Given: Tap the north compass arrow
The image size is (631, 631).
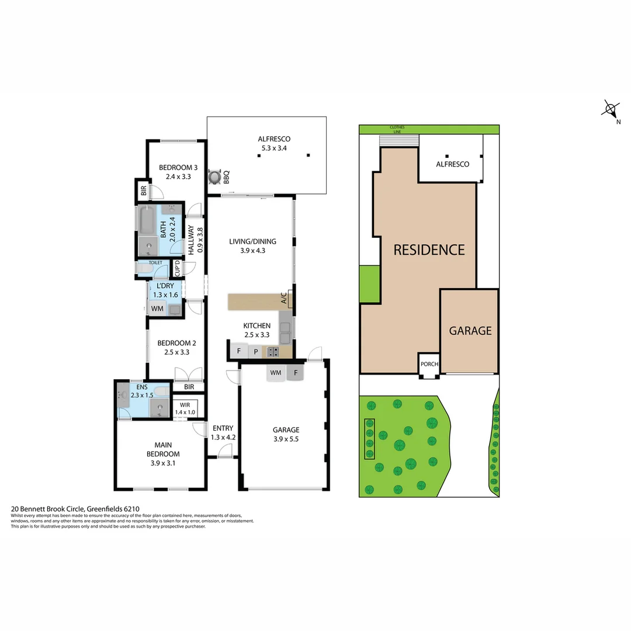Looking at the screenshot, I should pyautogui.click(x=611, y=109).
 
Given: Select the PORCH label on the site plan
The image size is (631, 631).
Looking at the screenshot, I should pyautogui.click(x=429, y=364).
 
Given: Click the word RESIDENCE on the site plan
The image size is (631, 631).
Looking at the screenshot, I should pyautogui.click(x=429, y=250).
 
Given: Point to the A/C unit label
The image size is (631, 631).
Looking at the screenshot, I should pyautogui.click(x=284, y=300).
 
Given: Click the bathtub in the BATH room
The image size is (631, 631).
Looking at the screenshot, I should pyautogui.click(x=147, y=220).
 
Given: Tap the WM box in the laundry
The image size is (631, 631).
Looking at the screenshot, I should pyautogui.click(x=157, y=308).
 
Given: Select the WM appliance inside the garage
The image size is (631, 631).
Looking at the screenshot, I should pyautogui.click(x=276, y=372).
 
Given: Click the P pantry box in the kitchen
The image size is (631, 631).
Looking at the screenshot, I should pyautogui.click(x=255, y=352).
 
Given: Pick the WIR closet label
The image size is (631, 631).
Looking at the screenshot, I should pyautogui.click(x=185, y=405).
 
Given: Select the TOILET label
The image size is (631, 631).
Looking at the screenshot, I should pyautogui.click(x=155, y=263).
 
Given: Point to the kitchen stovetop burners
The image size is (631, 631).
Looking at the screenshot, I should pyautogui.click(x=272, y=352).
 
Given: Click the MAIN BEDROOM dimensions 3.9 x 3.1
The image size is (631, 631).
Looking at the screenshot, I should pyautogui.click(x=163, y=463).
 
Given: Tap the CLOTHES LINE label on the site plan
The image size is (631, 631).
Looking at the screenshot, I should pyautogui.click(x=397, y=129).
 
